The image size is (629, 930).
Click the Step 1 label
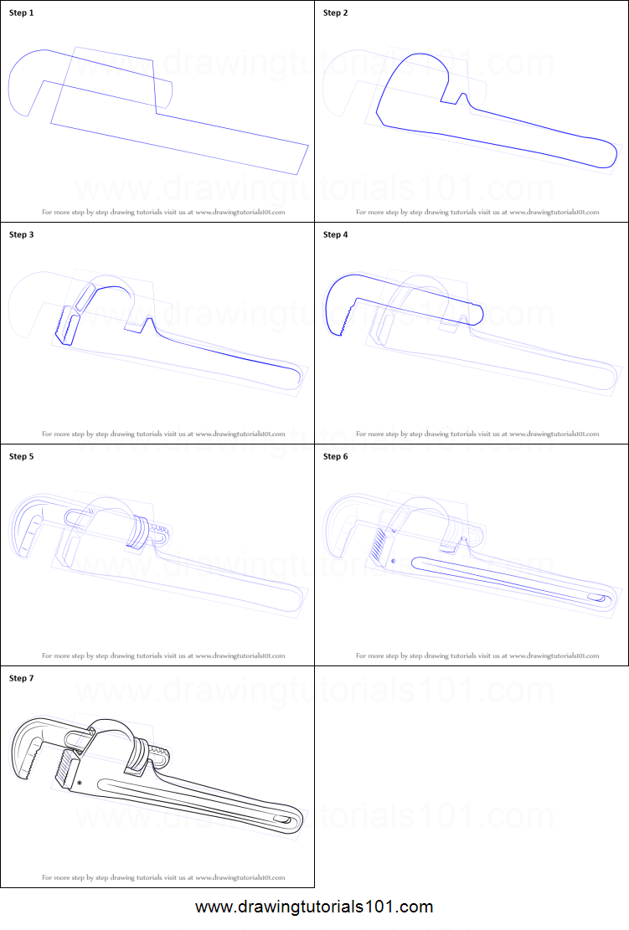(22, 13)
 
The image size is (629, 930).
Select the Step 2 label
(335, 13)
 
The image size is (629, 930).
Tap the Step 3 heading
(22, 235)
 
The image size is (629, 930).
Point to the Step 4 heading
(335, 235)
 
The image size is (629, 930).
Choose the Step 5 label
(22, 457)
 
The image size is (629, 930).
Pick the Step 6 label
(335, 457)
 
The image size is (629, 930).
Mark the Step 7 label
(22, 679)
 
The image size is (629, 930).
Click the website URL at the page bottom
(314, 907)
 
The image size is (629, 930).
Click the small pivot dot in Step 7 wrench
(79, 782)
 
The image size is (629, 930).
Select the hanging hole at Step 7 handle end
(280, 819)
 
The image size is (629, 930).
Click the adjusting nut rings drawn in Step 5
(140, 532)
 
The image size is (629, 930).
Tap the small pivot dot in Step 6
(393, 561)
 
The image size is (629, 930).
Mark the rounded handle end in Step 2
(599, 154)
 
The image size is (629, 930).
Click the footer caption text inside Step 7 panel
(163, 877)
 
